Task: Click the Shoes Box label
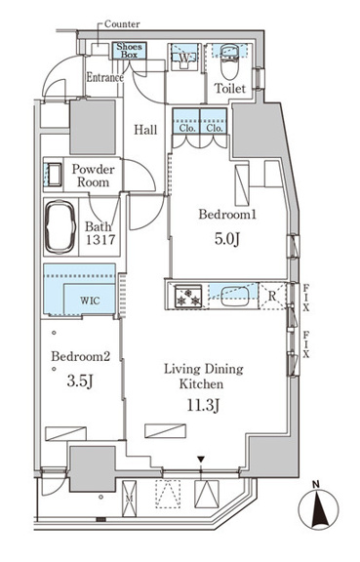pos(129,50)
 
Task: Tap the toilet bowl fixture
pos(230,62)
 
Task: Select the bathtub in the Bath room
pos(60,227)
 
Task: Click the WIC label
pos(90,300)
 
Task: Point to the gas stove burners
pos(188,296)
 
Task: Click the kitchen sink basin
pos(234,296)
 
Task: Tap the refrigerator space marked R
pos(272,296)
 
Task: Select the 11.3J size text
pos(203,406)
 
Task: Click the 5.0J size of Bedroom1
pos(227,239)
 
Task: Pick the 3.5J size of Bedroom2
pos(80,381)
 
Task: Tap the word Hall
pos(145,130)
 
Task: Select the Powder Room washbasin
pos(54,175)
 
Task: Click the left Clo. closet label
pos(186,128)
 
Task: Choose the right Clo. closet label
pos(214,128)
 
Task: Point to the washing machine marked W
pos(184,58)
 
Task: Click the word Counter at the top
pos(122,24)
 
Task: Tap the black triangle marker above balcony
pos(201,460)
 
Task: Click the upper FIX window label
pos(306,298)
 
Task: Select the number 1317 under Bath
pos(100,239)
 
